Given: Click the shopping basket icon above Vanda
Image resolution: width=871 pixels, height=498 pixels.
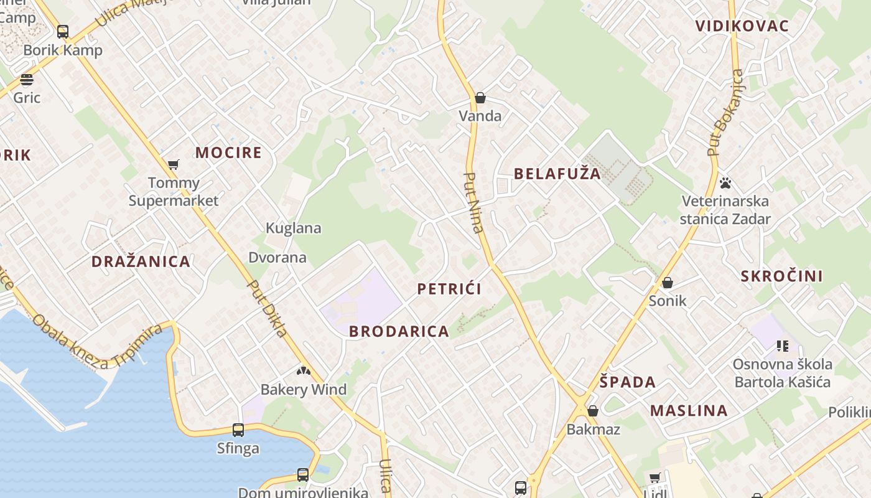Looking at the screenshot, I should coord(480,98).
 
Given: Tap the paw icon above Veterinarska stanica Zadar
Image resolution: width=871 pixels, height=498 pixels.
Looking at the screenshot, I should coord(725,183).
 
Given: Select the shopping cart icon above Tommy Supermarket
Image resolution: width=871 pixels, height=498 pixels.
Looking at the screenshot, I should coord(174,164).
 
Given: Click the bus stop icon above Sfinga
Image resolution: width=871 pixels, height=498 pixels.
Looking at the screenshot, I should coord(238,430).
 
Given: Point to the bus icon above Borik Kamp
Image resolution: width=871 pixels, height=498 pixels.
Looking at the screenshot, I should coord(63,32).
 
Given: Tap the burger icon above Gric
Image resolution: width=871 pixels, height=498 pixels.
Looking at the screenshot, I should coord(26,80).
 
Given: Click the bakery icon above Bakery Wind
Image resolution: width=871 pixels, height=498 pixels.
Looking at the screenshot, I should coord(303,372).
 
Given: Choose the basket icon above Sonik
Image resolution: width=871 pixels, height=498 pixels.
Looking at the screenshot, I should coord(668,283).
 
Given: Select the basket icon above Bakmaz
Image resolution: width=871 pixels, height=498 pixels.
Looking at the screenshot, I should coord(593,411).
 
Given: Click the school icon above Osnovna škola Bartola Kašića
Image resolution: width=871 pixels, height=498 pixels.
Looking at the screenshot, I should coord(782,346).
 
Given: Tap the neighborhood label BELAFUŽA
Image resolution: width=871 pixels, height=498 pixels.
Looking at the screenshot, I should coord(557,174).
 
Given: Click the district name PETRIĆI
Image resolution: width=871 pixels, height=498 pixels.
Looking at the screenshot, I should coord(449,289).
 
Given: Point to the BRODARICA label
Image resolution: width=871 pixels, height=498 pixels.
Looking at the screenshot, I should coord(399,331).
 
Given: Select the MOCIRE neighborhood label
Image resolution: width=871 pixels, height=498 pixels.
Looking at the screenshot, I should coord(228,153).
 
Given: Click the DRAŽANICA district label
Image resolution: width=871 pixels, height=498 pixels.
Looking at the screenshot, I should coord(141,261).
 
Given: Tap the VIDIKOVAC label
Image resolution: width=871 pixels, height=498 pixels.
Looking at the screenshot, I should coord(742,26).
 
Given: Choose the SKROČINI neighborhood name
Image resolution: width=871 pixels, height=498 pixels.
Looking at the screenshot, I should coord(781,276).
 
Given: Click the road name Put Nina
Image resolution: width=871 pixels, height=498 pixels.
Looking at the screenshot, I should coord(474,202).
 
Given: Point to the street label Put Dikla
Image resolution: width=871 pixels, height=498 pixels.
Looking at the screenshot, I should coord(268,308).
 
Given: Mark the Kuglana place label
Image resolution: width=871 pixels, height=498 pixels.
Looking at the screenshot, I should coord(294,228).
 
